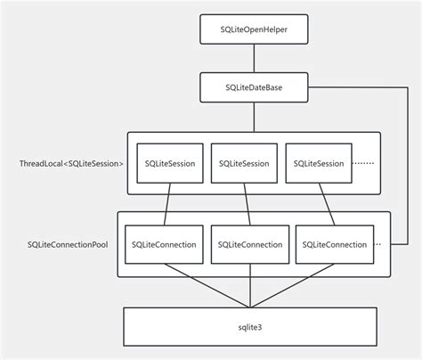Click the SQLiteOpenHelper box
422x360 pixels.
pos(254,31)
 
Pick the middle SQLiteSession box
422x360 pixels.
pos(243,163)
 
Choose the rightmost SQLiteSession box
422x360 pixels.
pos(318,163)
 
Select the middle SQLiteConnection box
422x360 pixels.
pos(249,244)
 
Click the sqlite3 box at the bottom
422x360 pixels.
pos(253,327)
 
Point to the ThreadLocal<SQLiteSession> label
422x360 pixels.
pos(71,164)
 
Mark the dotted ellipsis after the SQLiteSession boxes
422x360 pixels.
pos(364,164)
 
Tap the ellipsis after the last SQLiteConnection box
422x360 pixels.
pos(379,244)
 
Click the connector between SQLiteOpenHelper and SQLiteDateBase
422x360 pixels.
pos(254,60)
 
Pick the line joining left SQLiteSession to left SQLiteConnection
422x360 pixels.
pos(166,204)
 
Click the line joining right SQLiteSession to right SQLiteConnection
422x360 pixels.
pos(324,204)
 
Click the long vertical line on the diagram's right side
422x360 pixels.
pos(409,169)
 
